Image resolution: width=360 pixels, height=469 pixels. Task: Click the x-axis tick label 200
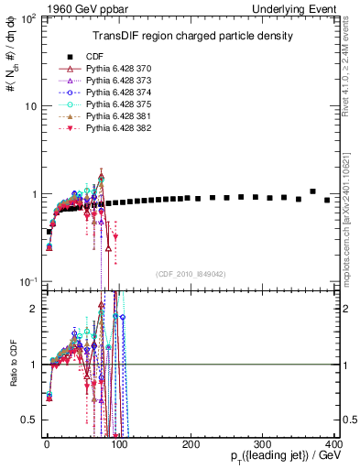pos(191,444)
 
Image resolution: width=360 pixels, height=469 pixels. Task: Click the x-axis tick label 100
pos(118,444)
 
